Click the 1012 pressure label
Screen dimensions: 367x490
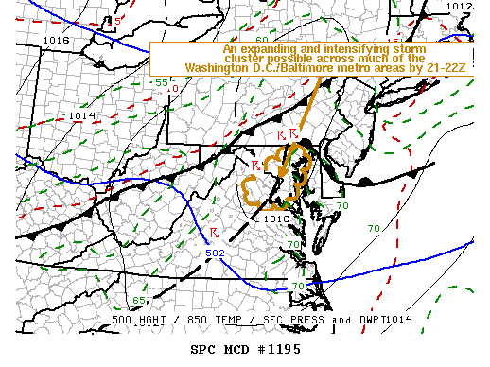coord(459,7)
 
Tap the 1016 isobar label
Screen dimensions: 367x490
coord(56,41)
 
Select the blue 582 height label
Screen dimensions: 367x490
coord(215,252)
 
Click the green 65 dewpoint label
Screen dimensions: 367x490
coord(138,300)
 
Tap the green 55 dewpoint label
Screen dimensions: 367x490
coord(162,83)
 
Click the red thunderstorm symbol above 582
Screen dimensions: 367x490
coord(215,233)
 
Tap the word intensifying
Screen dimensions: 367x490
coord(377,48)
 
